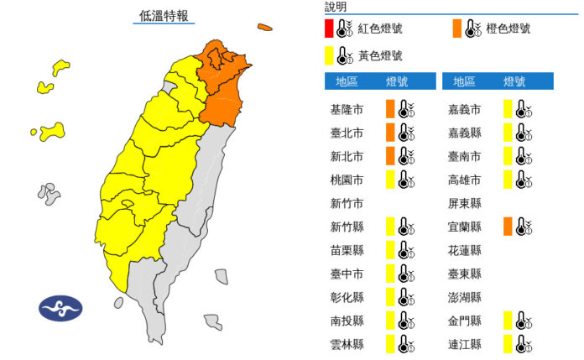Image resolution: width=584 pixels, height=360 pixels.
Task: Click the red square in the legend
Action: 328,29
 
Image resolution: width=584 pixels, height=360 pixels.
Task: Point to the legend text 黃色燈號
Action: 379,55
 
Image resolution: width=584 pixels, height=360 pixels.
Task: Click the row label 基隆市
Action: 346,109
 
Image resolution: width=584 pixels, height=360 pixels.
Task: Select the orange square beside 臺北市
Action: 390,133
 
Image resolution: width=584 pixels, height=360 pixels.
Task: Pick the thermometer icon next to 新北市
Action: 406,156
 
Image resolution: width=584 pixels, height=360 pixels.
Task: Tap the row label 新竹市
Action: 346,203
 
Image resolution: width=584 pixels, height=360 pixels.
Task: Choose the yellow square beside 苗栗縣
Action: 390,250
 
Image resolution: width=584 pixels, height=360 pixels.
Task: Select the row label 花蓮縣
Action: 465,250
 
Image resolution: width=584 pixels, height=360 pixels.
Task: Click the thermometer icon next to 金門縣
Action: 523,321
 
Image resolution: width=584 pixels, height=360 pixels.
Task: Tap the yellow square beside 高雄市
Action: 508,180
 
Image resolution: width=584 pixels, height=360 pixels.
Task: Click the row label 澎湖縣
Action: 465,297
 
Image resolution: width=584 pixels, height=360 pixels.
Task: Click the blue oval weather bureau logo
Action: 61,308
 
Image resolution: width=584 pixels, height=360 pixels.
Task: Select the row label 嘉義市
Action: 465,109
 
